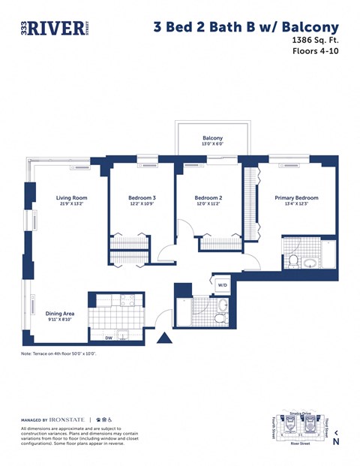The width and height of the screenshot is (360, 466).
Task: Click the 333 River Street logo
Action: coord(51,28)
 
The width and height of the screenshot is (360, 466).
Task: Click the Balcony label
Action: coord(212,138)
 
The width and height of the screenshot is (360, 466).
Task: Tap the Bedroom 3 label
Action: coord(142,198)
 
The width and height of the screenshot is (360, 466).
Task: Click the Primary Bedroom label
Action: coord(296,198)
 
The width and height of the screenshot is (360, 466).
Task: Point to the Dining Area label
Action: coord(60,314)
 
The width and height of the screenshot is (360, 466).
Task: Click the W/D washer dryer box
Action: coord(223,285)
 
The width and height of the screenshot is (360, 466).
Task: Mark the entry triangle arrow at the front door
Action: coord(164,338)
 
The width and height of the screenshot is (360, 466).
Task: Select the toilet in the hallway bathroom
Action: coord(219,318)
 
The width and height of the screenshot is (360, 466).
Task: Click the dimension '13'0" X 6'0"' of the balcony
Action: coord(212,146)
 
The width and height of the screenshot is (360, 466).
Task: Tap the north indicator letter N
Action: coord(337,441)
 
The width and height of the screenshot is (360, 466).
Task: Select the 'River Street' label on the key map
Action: coord(300,443)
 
